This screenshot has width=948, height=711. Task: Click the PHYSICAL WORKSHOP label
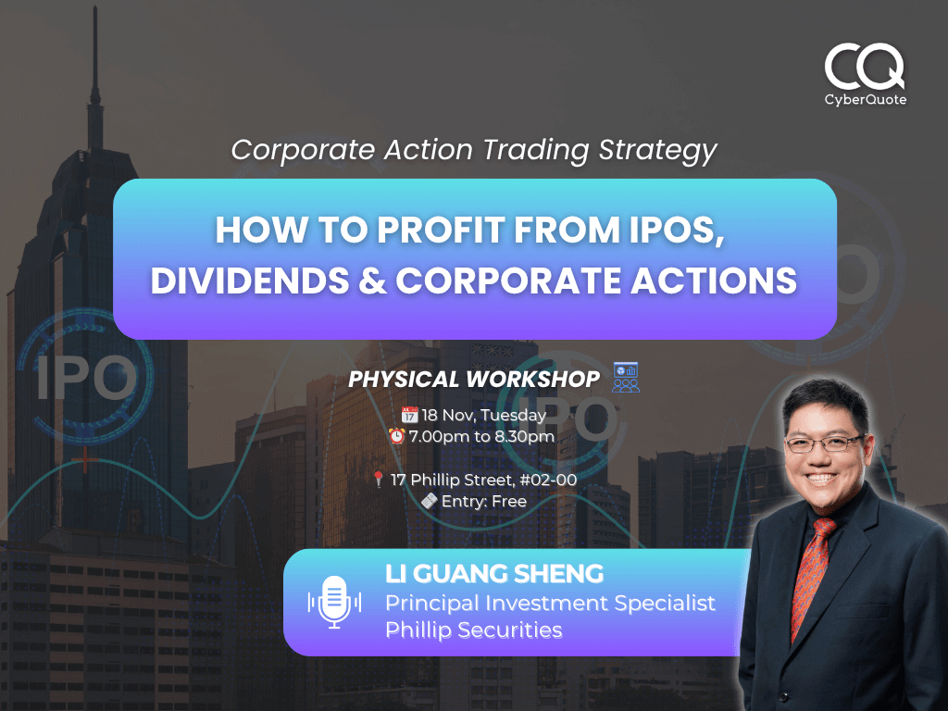474,379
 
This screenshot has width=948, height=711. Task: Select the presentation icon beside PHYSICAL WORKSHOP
626,377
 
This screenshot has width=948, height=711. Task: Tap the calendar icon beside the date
409,415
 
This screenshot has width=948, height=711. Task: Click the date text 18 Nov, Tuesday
483,415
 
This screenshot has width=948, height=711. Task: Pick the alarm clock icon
397,435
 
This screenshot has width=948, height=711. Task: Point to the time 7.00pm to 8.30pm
481,435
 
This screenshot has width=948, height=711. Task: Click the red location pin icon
378,480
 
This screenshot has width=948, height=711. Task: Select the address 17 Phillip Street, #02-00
483,480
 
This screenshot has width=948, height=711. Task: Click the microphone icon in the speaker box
334,601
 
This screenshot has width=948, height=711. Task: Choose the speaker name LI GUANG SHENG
494,574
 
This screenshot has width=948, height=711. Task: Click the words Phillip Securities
473,630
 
